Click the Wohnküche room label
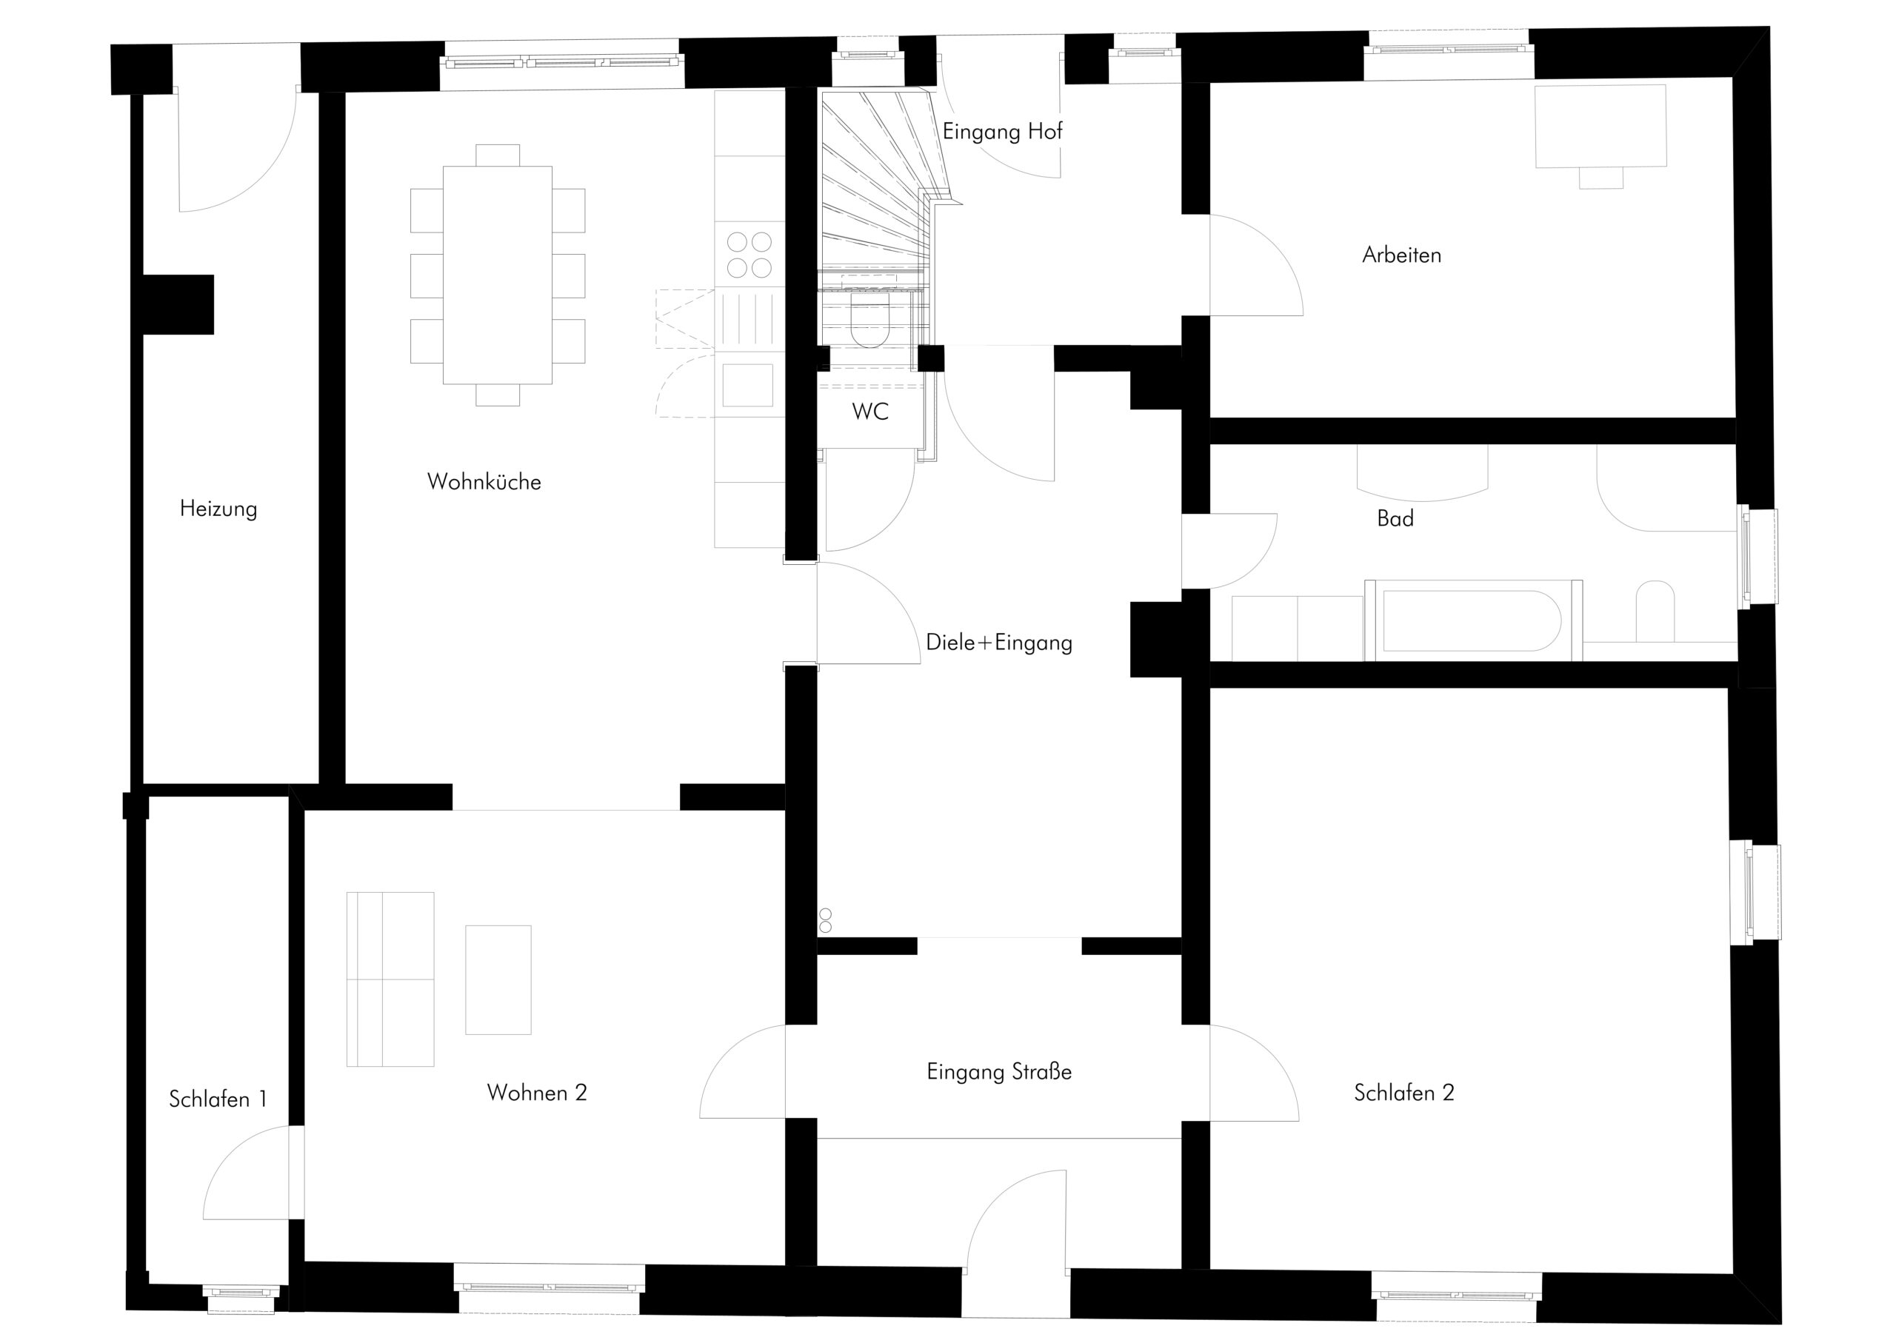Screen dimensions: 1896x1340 click(484, 482)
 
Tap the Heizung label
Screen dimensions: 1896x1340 click(218, 509)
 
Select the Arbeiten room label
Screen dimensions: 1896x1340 click(1401, 255)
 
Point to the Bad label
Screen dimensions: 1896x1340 click(1395, 518)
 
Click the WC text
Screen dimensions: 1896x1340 click(870, 411)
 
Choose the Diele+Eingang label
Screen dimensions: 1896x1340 click(999, 643)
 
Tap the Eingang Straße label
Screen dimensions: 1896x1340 click(999, 1073)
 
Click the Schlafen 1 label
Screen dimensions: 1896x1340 click(218, 1099)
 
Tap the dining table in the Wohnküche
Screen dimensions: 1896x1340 click(498, 275)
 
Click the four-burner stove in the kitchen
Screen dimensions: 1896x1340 click(749, 254)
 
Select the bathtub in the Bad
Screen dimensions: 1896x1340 click(1473, 621)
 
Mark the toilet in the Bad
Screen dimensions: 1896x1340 click(1655, 612)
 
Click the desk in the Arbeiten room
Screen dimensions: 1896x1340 click(1600, 127)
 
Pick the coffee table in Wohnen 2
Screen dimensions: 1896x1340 click(498, 980)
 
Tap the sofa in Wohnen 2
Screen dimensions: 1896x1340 click(390, 979)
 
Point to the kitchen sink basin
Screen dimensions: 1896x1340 click(748, 385)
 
